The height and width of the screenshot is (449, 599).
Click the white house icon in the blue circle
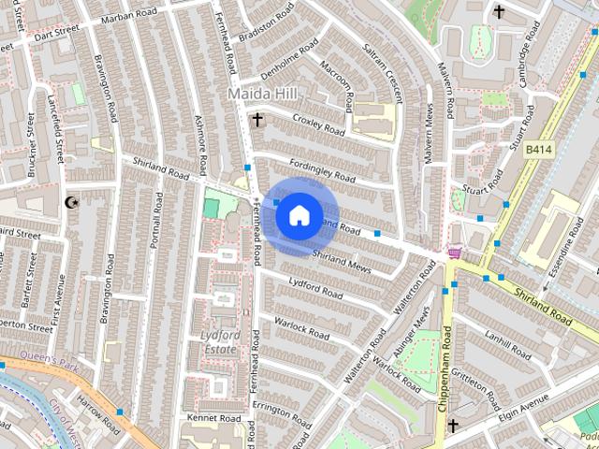pyautogui.click(x=299, y=216)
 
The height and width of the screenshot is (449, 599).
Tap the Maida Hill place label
pyautogui.click(x=263, y=94)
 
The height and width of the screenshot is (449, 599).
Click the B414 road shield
pyautogui.click(x=538, y=150)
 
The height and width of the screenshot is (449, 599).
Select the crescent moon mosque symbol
pyautogui.click(x=69, y=201)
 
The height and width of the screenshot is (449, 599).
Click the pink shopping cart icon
pyautogui.click(x=456, y=253)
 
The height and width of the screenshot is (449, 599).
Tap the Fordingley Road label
pyautogui.click(x=322, y=171)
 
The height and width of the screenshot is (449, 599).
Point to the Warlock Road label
pyautogui.click(x=301, y=328)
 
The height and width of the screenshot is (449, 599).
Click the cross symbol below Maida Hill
pyautogui.click(x=257, y=119)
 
